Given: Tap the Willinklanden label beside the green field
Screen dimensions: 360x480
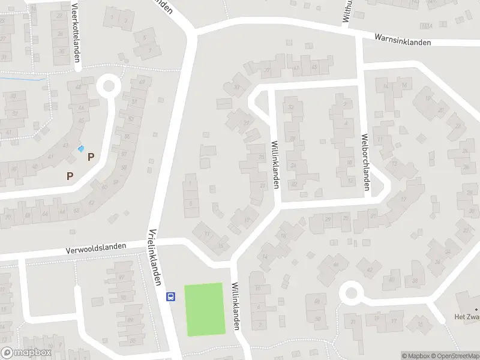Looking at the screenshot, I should (x=236, y=306).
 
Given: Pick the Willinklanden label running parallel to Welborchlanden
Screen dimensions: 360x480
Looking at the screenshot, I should (x=275, y=163).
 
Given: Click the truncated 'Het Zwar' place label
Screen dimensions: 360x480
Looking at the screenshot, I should (x=466, y=317).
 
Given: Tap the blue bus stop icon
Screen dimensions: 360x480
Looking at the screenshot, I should (x=170, y=296).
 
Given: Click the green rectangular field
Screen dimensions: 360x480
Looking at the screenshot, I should (x=205, y=309).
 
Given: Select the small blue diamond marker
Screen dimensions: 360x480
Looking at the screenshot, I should (x=82, y=149).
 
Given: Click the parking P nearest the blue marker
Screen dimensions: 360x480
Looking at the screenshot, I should (x=91, y=157).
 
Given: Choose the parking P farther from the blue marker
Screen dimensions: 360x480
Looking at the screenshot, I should (x=70, y=176).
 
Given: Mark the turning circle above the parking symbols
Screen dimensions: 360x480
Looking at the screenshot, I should (x=109, y=85).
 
